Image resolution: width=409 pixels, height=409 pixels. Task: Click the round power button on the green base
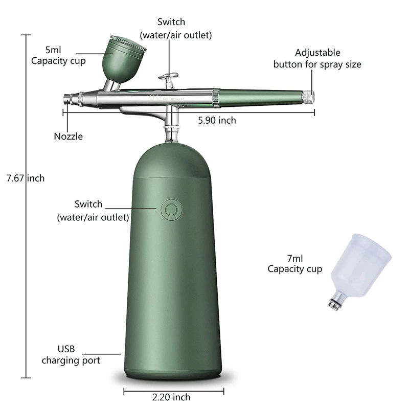pyautogui.click(x=170, y=209)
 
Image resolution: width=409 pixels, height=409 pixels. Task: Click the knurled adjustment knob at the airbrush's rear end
pyautogui.click(x=309, y=96)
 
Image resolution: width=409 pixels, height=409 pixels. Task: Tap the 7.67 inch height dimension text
pyautogui.click(x=25, y=178)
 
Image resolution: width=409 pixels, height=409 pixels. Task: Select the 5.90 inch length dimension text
pyautogui.click(x=217, y=120)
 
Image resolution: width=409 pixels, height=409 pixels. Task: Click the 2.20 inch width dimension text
pyautogui.click(x=171, y=397)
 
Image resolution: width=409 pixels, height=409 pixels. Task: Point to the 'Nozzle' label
pyautogui.click(x=68, y=137)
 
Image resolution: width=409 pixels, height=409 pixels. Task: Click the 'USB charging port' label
pyautogui.click(x=71, y=355)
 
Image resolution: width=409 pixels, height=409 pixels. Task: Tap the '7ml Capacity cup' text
pyautogui.click(x=294, y=264)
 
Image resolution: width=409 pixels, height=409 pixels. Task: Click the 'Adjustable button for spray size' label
pyautogui.click(x=317, y=59)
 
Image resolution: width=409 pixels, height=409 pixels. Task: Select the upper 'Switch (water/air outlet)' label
pyautogui.click(x=175, y=29)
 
